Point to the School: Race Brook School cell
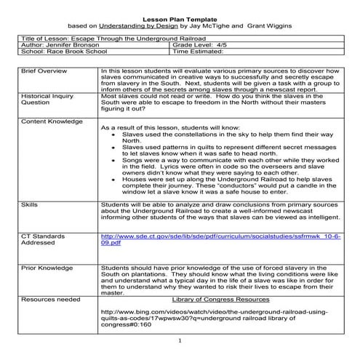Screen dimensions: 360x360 tap(62, 52)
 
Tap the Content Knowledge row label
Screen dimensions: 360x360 tap(52, 120)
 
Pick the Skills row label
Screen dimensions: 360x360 tap(30, 206)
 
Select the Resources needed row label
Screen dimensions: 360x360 tap(50, 299)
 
